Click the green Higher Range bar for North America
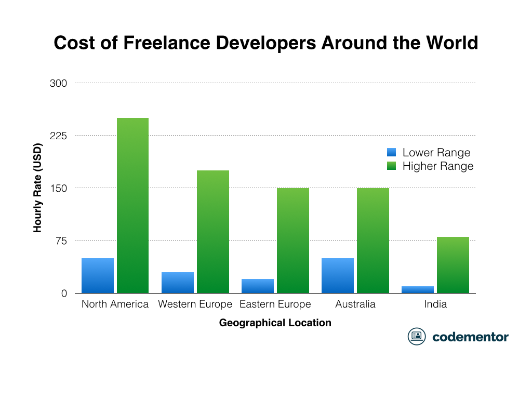pyautogui.click(x=132, y=206)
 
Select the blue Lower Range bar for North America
pyautogui.click(x=98, y=276)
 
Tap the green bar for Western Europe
pyautogui.click(x=212, y=232)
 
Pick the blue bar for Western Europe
pyautogui.click(x=178, y=283)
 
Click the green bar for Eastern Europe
pyautogui.click(x=292, y=241)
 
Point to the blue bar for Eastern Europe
pyautogui.click(x=258, y=286)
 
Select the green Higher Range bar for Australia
pyautogui.click(x=373, y=241)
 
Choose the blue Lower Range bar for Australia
pyautogui.click(x=338, y=276)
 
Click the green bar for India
pyautogui.click(x=453, y=265)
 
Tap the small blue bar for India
pyautogui.click(x=418, y=290)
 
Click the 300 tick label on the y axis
pyautogui.click(x=58, y=83)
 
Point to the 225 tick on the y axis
pyautogui.click(x=58, y=136)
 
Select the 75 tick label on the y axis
pyautogui.click(x=61, y=241)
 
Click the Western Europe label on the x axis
pyautogui.click(x=195, y=304)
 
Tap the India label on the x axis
pyautogui.click(x=435, y=304)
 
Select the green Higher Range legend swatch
pyautogui.click(x=392, y=166)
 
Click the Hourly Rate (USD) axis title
pyautogui.click(x=38, y=187)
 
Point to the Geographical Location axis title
pyautogui.click(x=275, y=323)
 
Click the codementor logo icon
pyautogui.click(x=417, y=337)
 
